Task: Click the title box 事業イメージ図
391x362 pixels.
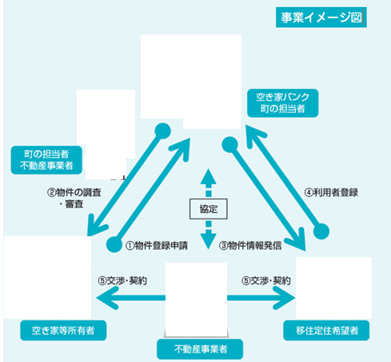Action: pos(321,18)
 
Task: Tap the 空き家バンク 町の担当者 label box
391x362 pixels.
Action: pos(283,103)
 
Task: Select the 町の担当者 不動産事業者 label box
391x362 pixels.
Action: pos(46,160)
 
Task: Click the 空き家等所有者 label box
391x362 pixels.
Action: pos(63,331)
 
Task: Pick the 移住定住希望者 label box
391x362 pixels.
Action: pos(326,331)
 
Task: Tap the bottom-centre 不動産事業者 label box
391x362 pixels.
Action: pos(200,349)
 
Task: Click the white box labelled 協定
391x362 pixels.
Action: pos(209,209)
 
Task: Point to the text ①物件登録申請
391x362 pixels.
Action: pos(157,246)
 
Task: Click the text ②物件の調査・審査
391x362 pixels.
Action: pos(74,199)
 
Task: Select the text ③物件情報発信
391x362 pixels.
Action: pos(250,246)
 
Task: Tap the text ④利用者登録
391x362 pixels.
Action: pos(331,192)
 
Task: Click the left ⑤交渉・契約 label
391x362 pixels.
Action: pos(122,281)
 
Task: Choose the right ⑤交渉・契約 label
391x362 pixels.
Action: pos(266,281)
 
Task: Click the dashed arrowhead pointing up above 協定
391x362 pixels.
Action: pos(209,176)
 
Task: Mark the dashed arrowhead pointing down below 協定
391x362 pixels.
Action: pos(209,241)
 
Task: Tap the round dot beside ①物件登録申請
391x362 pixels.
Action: pos(114,244)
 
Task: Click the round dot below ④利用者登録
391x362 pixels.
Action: pos(321,231)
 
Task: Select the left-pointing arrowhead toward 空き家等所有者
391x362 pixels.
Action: pos(107,298)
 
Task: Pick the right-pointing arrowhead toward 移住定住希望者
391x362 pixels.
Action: pos(284,298)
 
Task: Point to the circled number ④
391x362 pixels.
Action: pos(309,193)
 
